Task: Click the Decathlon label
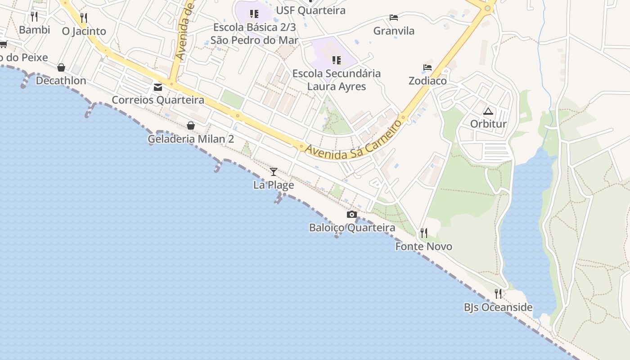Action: coord(61,81)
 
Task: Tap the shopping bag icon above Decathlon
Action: coord(61,67)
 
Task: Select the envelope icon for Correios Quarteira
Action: coord(158,87)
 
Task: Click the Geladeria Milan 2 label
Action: coord(191,139)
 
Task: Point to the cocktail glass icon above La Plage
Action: coord(273,171)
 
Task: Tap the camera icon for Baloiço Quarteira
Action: coord(352,215)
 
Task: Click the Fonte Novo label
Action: coord(423,246)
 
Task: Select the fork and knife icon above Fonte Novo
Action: coord(423,233)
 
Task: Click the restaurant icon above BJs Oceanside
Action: coord(498,294)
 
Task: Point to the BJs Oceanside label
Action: coord(498,307)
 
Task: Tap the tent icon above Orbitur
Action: coord(488,111)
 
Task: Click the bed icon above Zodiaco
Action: coord(427,67)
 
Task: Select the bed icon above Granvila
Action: coord(394,18)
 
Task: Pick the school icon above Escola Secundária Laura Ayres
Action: coord(336,60)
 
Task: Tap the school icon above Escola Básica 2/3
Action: coord(254,14)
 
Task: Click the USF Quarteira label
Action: coord(311,10)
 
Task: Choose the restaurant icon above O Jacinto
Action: coord(84,18)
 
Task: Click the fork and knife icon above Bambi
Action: coord(34,17)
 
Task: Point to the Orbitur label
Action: coord(488,124)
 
